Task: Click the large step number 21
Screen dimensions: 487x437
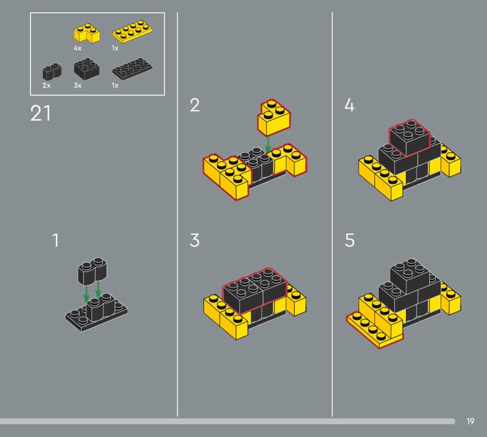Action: coord(40,113)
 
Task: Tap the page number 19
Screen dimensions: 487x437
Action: coord(470,421)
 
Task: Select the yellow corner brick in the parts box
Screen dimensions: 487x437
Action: coord(86,33)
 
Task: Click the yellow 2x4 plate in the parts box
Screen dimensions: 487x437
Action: coord(132,32)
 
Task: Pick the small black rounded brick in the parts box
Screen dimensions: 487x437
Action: coord(52,71)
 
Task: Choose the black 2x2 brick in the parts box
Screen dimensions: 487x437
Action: coord(86,69)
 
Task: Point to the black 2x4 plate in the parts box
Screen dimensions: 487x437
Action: coord(132,68)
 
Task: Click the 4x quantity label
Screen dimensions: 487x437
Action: coord(77,48)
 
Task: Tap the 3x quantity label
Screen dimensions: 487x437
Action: coord(77,85)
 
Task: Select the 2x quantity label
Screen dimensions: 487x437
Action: coord(46,85)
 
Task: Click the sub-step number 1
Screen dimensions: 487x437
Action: coord(55,240)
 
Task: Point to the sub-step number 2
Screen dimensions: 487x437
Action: coord(195,105)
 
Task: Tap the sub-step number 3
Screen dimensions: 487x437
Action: coord(194,240)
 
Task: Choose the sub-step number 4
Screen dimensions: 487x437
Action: coord(349,105)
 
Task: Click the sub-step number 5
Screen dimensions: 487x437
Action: coord(349,240)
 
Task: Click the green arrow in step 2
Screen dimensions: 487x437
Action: coord(268,145)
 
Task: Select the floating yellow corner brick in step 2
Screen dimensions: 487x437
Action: coord(274,117)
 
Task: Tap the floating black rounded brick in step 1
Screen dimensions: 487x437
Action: coord(93,271)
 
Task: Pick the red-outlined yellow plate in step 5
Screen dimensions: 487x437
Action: coord(375,330)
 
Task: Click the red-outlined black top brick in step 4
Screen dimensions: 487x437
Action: coord(410,138)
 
